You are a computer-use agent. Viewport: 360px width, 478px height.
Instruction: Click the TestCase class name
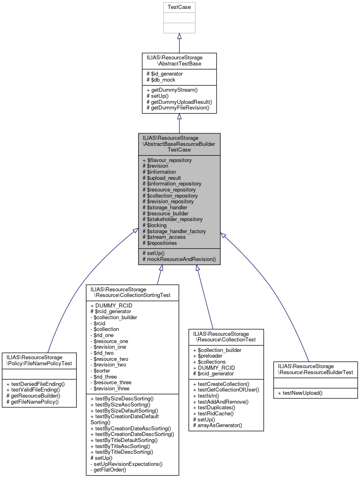coord(179,7)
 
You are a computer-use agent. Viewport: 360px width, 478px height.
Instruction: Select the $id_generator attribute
coord(166,74)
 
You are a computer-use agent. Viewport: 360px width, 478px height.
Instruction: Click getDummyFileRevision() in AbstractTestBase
coord(178,108)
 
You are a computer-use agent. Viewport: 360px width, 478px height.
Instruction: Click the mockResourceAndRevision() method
coord(179,259)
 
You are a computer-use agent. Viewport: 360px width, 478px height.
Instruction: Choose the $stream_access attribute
coord(164,237)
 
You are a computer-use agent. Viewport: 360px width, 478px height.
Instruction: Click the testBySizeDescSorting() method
coord(122,398)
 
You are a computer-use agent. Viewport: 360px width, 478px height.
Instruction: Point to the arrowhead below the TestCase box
coord(179,36)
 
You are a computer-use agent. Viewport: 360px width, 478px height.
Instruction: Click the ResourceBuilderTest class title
coord(315,369)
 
